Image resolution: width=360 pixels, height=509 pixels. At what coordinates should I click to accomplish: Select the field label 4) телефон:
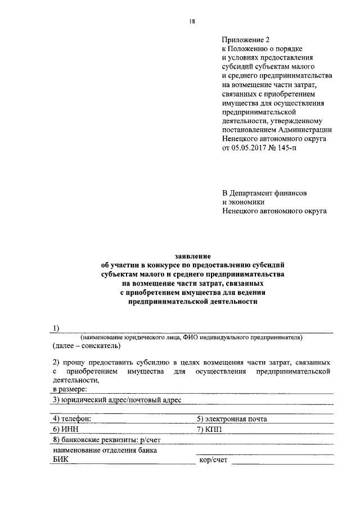71,419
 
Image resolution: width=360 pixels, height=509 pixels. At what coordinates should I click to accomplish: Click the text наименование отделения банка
105,451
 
